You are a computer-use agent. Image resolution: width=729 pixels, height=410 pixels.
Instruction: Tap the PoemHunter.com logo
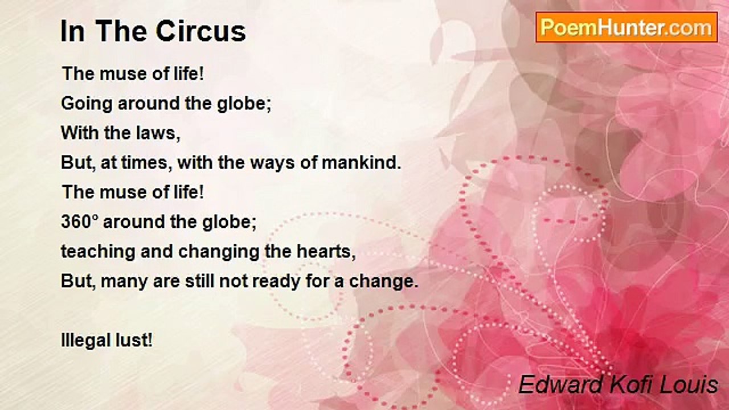click(x=626, y=27)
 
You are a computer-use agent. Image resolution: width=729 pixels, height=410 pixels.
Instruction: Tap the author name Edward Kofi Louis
click(x=618, y=384)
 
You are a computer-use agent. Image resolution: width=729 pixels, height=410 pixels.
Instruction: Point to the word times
click(x=147, y=163)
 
